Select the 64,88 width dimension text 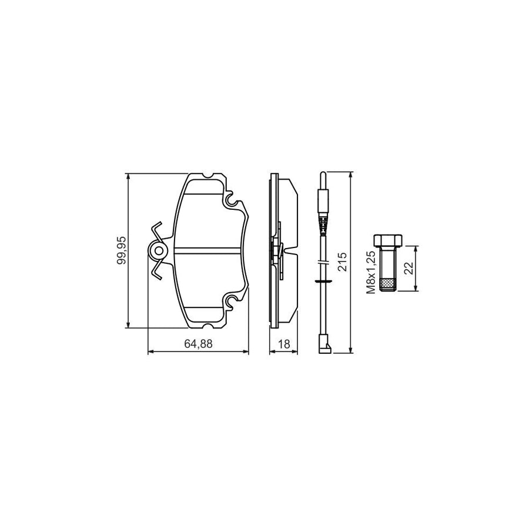click(199, 344)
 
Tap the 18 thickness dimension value click(284, 344)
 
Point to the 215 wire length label click(342, 262)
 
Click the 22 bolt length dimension click(409, 269)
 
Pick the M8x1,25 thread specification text click(371, 272)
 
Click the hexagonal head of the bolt click(388, 240)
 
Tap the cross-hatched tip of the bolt click(388, 285)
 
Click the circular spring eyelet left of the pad click(158, 250)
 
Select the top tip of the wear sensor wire click(323, 173)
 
